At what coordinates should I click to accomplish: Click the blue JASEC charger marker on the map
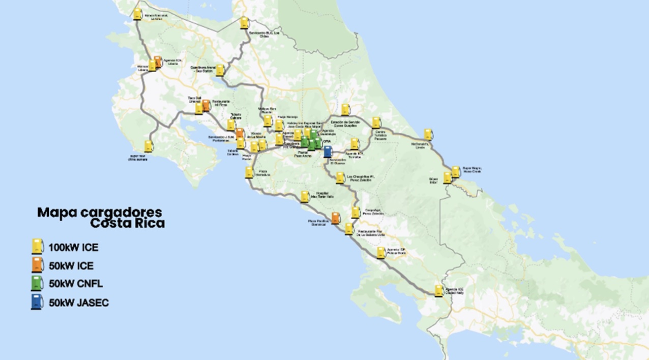pos(328,151)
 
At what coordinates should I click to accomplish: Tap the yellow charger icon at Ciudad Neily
pos(439,290)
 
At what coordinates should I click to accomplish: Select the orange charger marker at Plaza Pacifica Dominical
pos(336,218)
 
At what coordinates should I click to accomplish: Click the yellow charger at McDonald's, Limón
pos(429,134)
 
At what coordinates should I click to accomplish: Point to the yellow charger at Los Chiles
pos(244,22)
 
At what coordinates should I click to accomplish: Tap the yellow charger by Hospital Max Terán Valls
pos(305,196)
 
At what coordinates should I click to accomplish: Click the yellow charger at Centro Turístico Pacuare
pos(376,122)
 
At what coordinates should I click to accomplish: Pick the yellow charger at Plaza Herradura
pos(249,172)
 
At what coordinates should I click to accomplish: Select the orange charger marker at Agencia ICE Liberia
pos(158,62)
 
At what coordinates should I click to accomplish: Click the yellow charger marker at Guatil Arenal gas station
pos(220,70)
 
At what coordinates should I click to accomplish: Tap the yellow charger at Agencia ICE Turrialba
pos(355,144)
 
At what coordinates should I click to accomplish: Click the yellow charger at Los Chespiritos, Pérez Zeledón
pos(340,177)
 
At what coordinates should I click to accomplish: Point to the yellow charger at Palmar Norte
pos(381,252)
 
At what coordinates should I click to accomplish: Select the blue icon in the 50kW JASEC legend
pos(37,302)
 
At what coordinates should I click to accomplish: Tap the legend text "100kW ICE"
pos(73,248)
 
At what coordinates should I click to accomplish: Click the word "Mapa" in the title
pos(56,212)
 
